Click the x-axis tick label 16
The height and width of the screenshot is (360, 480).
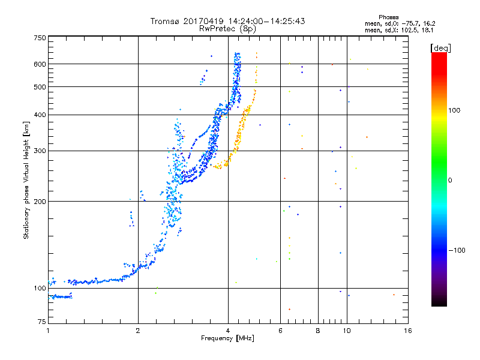pyautogui.click(x=407, y=331)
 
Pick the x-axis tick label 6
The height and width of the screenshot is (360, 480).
pyautogui.click(x=280, y=331)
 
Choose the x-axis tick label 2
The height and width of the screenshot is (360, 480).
pyautogui.click(x=138, y=331)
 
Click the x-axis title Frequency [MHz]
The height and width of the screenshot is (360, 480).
pyautogui.click(x=227, y=339)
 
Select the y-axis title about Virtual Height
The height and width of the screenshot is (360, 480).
pyautogui.click(x=26, y=179)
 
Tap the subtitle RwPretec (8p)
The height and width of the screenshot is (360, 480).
pyautogui.click(x=227, y=28)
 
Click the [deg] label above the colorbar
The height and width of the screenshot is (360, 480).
pyautogui.click(x=440, y=47)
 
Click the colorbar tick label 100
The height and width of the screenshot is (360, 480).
pyautogui.click(x=455, y=110)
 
